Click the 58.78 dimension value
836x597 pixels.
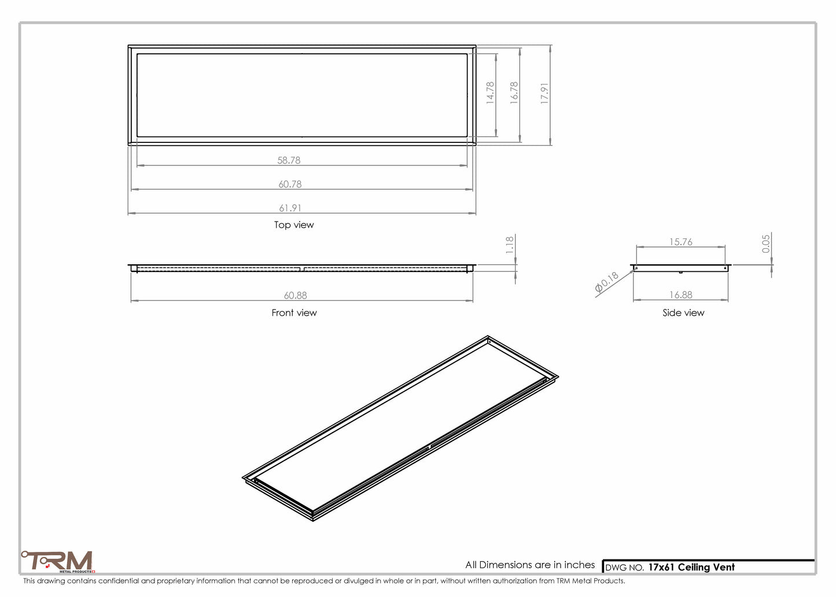tap(289, 160)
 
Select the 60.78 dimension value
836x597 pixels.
tap(290, 185)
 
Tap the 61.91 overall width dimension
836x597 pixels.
tap(290, 208)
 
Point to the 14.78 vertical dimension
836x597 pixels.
tap(490, 93)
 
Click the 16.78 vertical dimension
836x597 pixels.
tap(514, 93)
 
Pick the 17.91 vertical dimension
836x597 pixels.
tap(544, 93)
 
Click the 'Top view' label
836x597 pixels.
tap(294, 225)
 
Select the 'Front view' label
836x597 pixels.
tap(294, 313)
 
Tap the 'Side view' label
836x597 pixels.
tap(683, 313)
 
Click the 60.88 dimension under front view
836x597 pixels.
tap(295, 296)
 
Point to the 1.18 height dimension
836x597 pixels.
tap(510, 245)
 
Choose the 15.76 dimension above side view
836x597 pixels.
tap(680, 242)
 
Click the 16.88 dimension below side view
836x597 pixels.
tap(680, 295)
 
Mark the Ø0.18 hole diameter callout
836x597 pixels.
tap(607, 282)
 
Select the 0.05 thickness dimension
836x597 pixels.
tap(766, 244)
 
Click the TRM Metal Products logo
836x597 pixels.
tap(58, 562)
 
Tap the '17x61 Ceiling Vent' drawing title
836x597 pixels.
tap(691, 567)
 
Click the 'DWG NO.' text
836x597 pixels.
tap(624, 568)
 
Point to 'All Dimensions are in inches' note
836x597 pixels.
tap(530, 565)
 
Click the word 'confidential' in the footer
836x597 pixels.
tap(118, 581)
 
